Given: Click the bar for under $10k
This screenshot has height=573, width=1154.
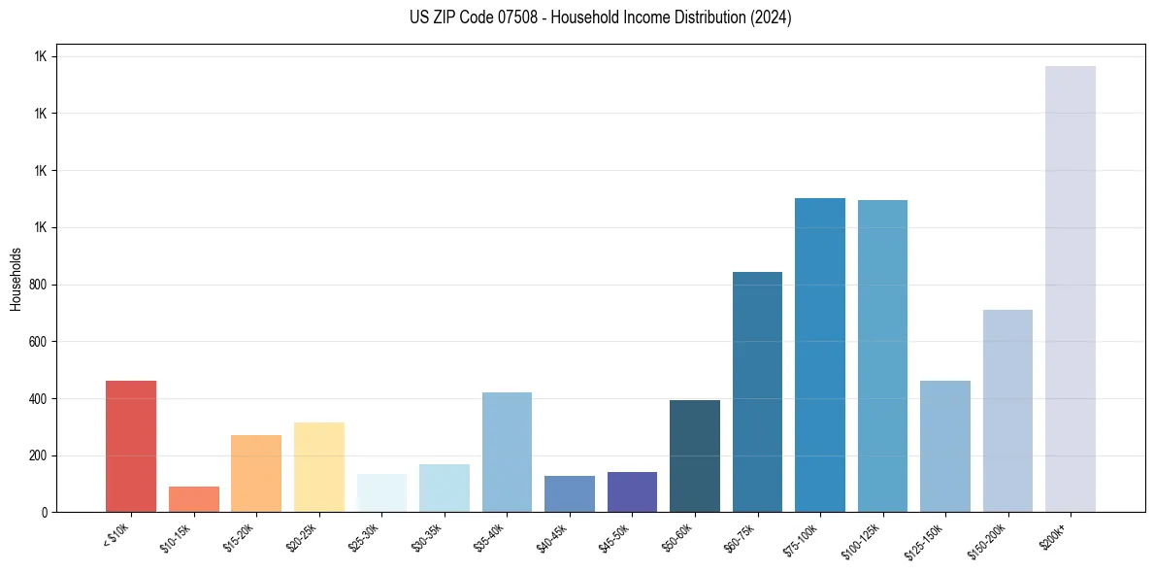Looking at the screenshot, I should pyautogui.click(x=131, y=447).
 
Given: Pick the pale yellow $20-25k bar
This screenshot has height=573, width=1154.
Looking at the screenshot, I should pyautogui.click(x=319, y=467).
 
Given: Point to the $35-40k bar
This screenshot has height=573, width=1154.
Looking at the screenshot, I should pyautogui.click(x=507, y=453).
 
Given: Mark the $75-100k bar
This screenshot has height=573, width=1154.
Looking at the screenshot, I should pyautogui.click(x=820, y=355).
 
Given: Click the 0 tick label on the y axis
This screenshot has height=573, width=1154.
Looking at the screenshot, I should pyautogui.click(x=45, y=513).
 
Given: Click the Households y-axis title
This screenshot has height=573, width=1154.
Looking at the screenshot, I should pyautogui.click(x=16, y=279).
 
